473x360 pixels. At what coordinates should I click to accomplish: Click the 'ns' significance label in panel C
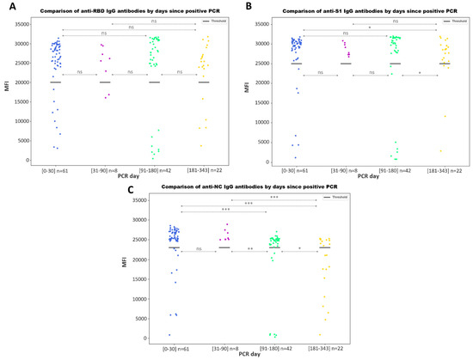pyautogui.click(x=200, y=249)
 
